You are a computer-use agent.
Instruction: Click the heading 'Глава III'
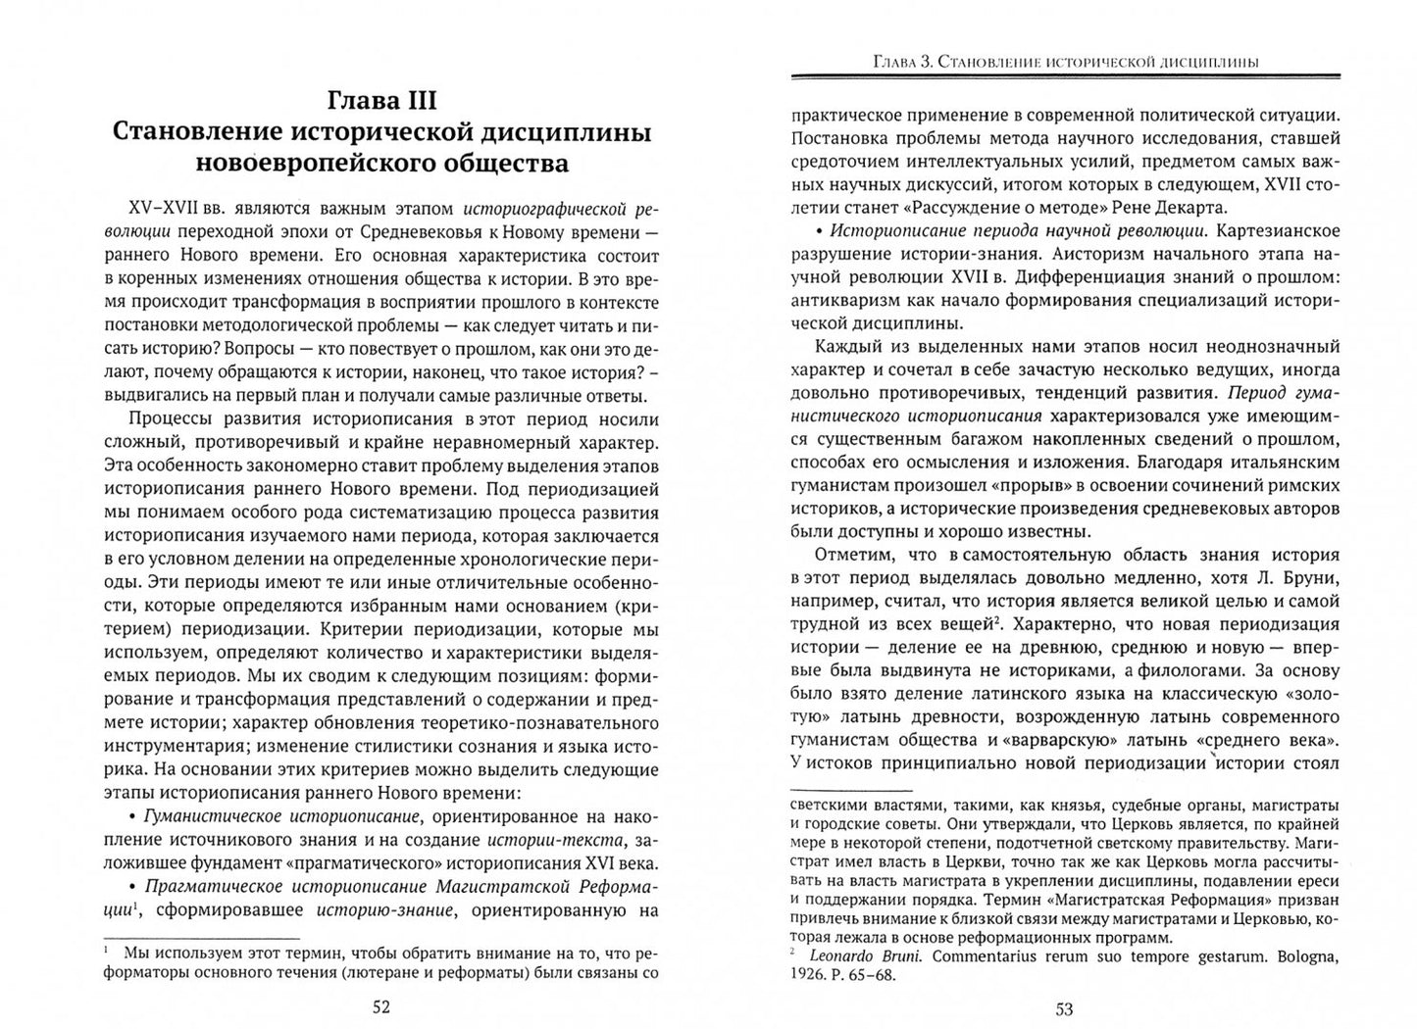click(x=381, y=100)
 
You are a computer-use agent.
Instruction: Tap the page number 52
click(x=381, y=1007)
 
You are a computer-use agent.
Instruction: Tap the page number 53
click(x=1064, y=1007)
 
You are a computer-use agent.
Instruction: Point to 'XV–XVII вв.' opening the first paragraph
click(x=175, y=208)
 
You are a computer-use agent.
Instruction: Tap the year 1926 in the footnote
click(x=808, y=975)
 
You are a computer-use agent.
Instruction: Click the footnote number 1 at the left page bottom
click(x=105, y=950)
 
